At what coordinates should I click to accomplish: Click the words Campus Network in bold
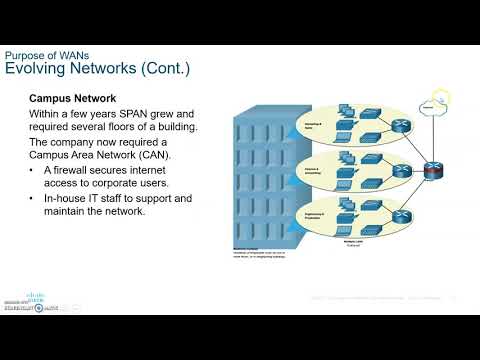coord(73,98)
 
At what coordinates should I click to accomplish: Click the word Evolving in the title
coord(38,68)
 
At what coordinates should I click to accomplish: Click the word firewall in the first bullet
coord(77,172)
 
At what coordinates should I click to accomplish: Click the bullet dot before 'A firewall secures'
coord(34,172)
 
